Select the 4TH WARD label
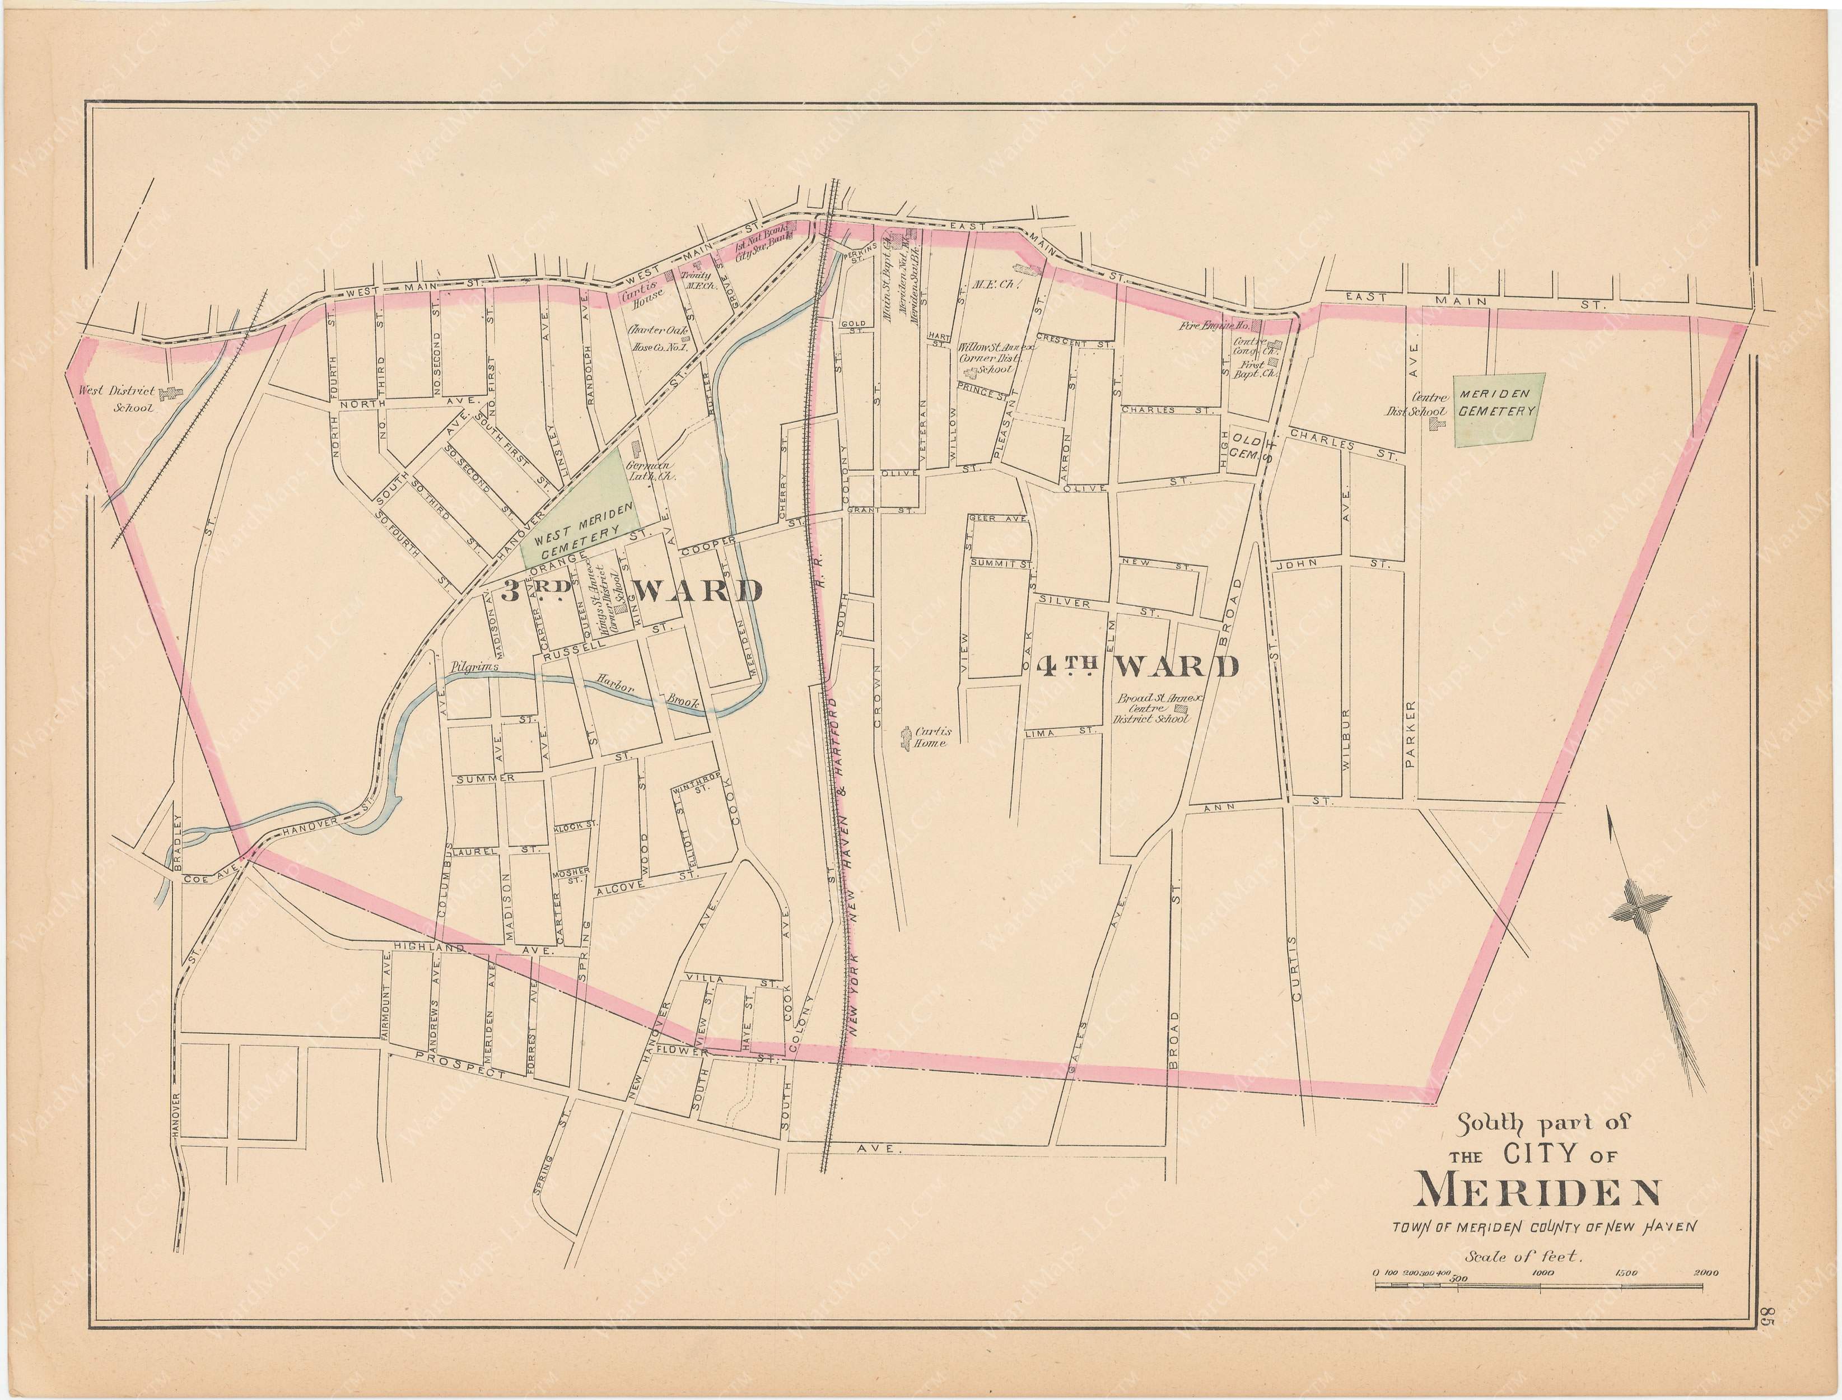pos(1137,666)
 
